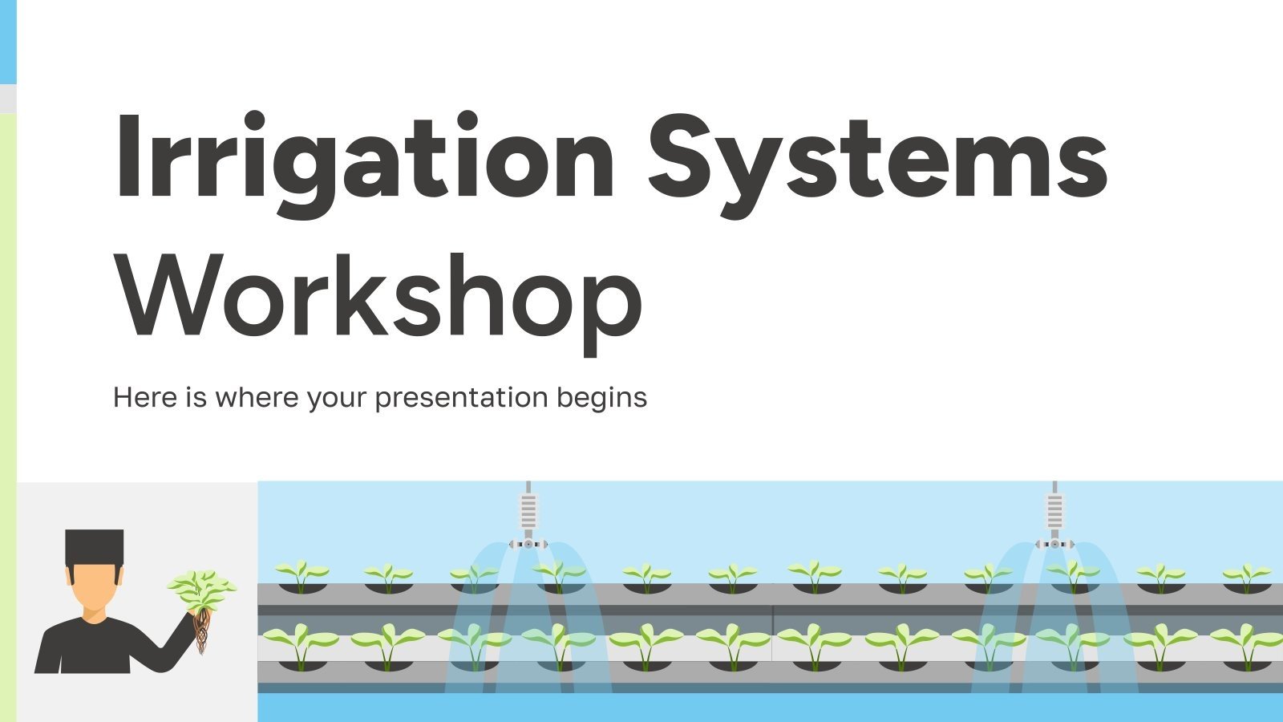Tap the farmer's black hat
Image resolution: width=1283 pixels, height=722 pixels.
point(95,545)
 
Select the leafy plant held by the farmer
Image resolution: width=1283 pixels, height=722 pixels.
point(201,590)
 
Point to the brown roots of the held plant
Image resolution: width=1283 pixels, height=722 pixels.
point(202,630)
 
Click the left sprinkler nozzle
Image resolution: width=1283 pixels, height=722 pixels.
point(528,544)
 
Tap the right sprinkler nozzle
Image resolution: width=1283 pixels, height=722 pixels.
point(1054,544)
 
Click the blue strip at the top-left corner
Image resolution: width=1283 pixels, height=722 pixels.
point(7,40)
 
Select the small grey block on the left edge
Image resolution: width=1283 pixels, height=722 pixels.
point(7,98)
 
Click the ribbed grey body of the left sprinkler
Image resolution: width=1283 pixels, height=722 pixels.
point(528,509)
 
